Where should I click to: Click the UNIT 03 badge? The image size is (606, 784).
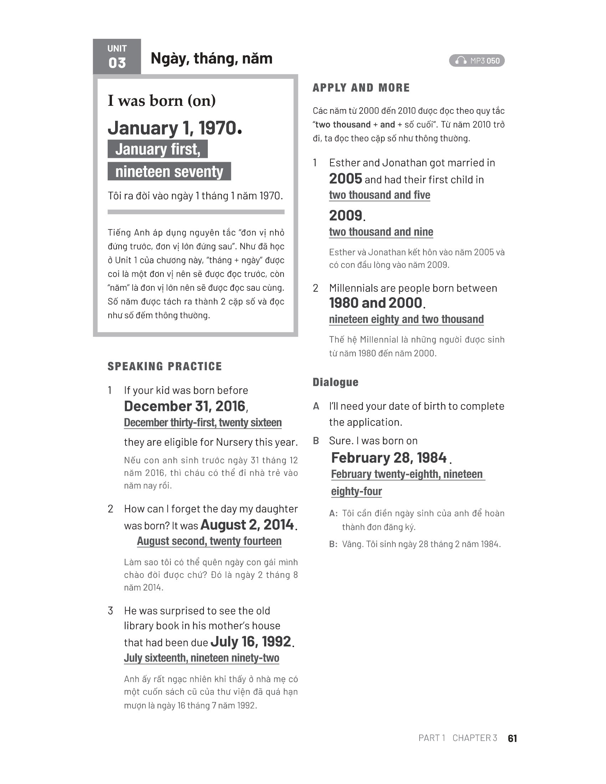click(x=117, y=57)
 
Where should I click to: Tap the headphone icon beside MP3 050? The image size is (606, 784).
click(x=461, y=61)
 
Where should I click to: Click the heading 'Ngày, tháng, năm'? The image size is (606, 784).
click(x=211, y=58)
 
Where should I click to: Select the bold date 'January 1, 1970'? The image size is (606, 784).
click(x=174, y=128)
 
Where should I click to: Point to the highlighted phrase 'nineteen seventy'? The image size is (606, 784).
click(x=169, y=172)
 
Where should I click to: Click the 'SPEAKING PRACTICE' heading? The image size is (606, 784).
click(x=165, y=366)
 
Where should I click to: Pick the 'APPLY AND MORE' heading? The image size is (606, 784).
click(x=361, y=88)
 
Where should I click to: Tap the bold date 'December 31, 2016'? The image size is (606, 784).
click(x=185, y=406)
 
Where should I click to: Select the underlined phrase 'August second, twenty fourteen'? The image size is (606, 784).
click(x=209, y=541)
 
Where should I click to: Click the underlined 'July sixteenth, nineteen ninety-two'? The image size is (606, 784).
click(x=201, y=658)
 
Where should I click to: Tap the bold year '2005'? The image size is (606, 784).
click(x=345, y=179)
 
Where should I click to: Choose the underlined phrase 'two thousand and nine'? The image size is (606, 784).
click(x=381, y=232)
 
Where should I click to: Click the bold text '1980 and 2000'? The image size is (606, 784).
click(x=375, y=303)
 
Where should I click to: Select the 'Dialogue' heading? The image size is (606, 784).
click(x=335, y=382)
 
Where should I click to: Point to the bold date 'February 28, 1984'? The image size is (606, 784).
click(x=389, y=458)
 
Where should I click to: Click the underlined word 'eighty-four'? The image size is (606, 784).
click(x=356, y=491)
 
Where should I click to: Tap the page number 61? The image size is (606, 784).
click(x=512, y=738)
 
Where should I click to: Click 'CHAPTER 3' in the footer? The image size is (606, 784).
click(x=474, y=738)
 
